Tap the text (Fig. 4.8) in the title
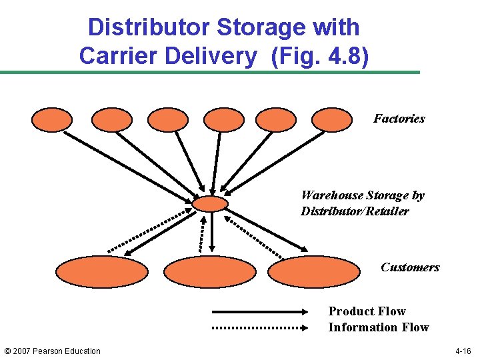pyautogui.click(x=319, y=55)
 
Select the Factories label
pyautogui.click(x=399, y=119)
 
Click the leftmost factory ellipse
pyautogui.click(x=52, y=120)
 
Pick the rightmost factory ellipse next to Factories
pyautogui.click(x=332, y=120)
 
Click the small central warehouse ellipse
pyautogui.click(x=210, y=203)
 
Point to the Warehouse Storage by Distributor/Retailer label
pyautogui.click(x=362, y=203)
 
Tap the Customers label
pyautogui.click(x=410, y=267)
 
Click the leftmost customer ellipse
pyautogui.click(x=101, y=272)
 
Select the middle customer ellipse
pyautogui.click(x=209, y=272)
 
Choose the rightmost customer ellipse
pyautogui.click(x=313, y=272)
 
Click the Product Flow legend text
pyautogui.click(x=367, y=311)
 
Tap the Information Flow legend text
pyautogui.click(x=378, y=327)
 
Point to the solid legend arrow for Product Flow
pyautogui.click(x=261, y=311)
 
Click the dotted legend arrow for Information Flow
pyautogui.click(x=261, y=327)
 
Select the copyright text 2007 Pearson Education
pyautogui.click(x=52, y=351)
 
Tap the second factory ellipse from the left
pyautogui.click(x=111, y=120)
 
